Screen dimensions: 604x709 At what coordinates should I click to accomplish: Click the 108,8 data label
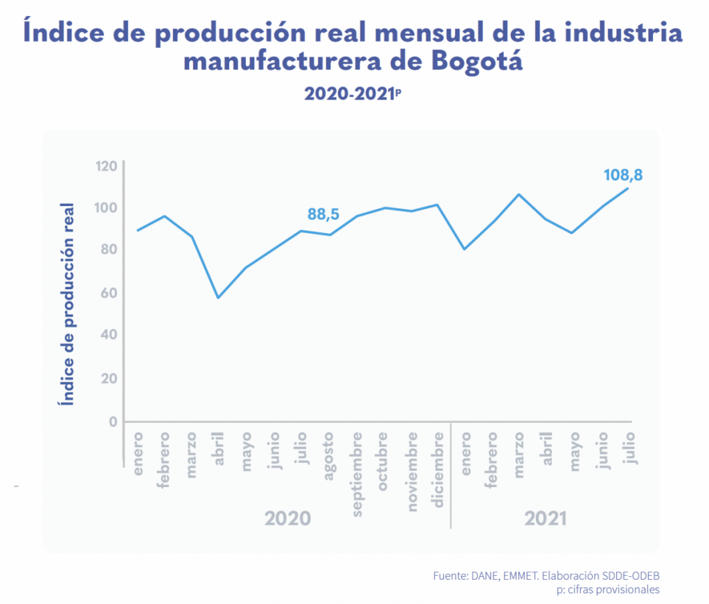point(623,175)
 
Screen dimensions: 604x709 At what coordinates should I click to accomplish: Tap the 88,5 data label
point(323,214)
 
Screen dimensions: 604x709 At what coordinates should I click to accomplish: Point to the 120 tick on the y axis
point(107,166)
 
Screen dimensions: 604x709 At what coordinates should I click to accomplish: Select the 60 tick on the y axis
point(110,293)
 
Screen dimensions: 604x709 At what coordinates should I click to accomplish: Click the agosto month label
point(330,452)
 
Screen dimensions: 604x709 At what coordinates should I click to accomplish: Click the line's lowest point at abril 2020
point(218,298)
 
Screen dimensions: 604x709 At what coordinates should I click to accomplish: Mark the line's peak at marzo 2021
point(519,194)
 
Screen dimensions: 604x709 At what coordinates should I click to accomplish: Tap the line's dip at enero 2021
point(464,249)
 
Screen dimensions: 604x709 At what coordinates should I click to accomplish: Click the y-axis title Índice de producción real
point(68,304)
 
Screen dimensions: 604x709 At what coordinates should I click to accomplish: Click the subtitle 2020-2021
point(350,94)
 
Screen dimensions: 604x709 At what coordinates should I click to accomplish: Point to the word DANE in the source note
point(483,576)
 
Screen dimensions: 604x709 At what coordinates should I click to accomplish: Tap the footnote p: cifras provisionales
point(607,589)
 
